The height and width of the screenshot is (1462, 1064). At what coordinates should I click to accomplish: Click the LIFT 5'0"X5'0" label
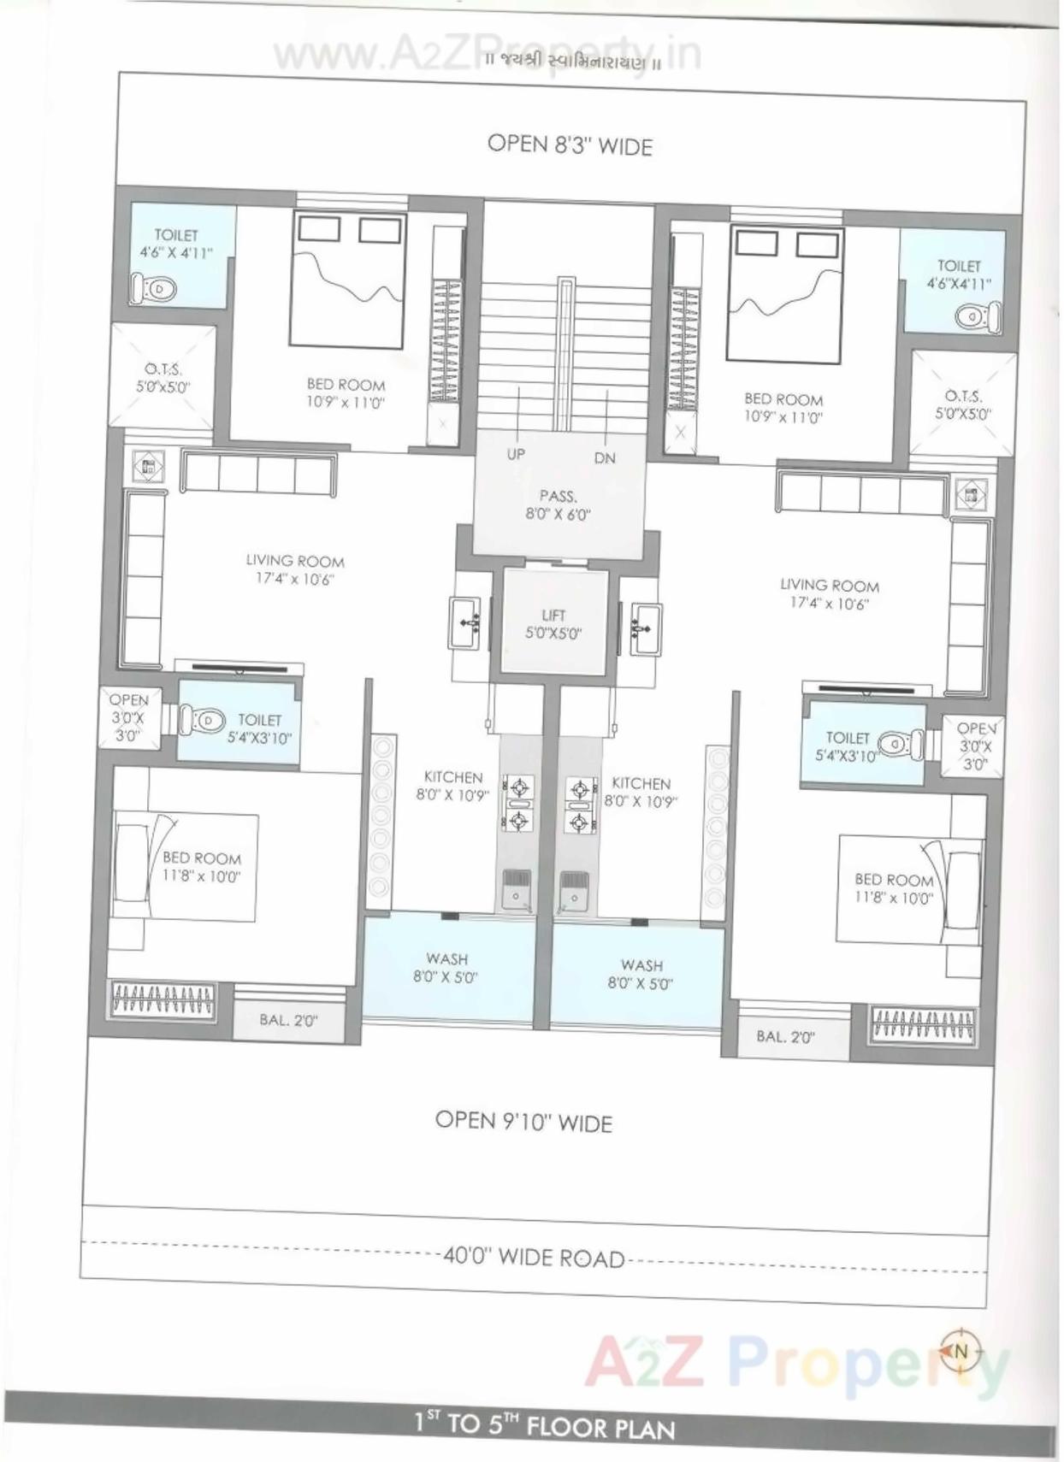(553, 624)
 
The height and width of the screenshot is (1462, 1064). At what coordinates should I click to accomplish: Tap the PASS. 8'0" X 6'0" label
(558, 504)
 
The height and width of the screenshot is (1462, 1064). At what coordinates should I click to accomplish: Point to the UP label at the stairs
(516, 454)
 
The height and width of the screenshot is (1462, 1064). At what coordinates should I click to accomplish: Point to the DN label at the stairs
(605, 458)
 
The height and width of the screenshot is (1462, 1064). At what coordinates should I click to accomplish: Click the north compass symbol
(960, 1351)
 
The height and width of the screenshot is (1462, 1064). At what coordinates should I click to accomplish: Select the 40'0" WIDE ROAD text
(534, 1257)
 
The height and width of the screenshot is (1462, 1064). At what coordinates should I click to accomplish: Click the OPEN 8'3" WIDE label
(570, 144)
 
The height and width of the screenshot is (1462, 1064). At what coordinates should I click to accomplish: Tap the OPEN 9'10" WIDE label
(523, 1121)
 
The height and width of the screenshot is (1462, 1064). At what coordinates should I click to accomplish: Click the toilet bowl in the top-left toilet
(154, 289)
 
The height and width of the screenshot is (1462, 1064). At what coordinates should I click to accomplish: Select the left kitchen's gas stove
(518, 804)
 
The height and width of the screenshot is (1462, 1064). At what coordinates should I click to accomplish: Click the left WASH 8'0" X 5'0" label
(446, 968)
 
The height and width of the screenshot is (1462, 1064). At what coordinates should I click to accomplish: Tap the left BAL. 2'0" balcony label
(288, 1020)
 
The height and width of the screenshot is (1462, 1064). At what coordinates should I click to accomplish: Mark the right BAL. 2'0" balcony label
(785, 1037)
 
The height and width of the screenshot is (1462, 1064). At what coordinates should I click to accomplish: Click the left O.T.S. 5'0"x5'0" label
(163, 377)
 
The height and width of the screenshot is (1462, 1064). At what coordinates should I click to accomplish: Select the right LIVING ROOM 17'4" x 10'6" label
(829, 594)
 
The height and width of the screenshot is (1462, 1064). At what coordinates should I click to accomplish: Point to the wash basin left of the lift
(465, 623)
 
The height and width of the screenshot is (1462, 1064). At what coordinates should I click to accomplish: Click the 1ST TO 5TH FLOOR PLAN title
(544, 1425)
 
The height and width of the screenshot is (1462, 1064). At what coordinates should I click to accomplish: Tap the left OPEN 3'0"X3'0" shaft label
(128, 717)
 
